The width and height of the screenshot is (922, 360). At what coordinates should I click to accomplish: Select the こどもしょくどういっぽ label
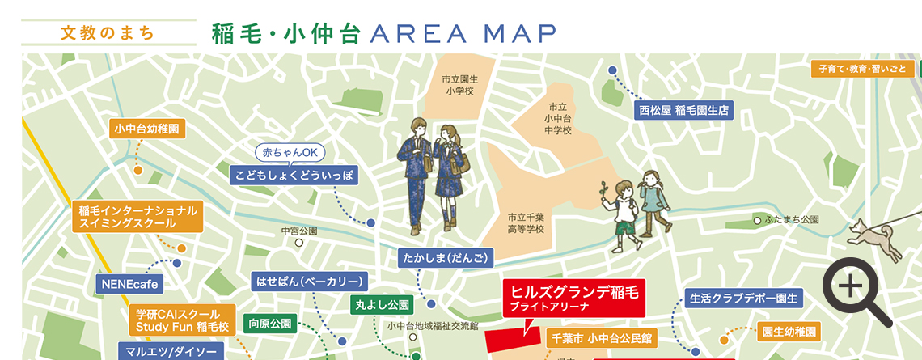(294, 175)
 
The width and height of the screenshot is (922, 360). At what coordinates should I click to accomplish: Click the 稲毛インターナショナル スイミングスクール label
(137, 217)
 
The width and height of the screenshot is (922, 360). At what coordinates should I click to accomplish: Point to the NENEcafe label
(129, 285)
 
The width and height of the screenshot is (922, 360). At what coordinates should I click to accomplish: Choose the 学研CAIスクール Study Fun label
(182, 320)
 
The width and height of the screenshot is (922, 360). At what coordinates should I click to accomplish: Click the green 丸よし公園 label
(383, 305)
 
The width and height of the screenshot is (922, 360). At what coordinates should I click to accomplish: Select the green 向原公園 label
(270, 324)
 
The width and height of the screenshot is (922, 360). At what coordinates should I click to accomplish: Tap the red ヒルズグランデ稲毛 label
(573, 298)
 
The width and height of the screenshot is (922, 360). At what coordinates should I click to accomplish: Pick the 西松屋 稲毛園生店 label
(683, 110)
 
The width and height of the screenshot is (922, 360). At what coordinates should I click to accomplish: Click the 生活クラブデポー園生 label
(743, 299)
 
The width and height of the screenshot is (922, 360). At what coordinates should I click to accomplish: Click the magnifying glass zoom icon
(856, 289)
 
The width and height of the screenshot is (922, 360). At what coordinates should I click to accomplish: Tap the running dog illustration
(874, 238)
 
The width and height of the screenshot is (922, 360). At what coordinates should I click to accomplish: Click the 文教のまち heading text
(108, 33)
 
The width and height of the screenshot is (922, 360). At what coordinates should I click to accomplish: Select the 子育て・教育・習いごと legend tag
(861, 69)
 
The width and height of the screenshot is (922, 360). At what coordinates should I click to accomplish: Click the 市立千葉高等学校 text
(526, 223)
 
